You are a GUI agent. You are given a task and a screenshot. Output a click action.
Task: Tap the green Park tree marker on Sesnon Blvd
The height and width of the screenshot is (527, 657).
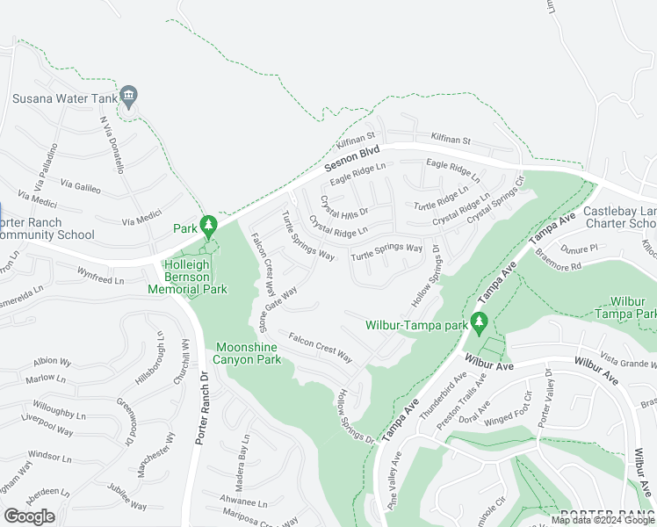208,227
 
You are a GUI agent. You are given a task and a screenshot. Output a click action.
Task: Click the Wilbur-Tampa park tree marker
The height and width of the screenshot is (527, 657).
479,323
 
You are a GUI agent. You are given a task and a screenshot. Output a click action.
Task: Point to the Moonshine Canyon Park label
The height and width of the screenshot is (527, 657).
249,353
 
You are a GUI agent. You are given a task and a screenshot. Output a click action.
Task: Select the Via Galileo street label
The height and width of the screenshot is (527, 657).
79,186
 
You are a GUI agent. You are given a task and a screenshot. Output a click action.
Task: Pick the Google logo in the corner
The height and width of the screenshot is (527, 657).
29,516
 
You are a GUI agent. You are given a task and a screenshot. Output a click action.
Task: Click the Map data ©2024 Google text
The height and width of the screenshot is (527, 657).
603,521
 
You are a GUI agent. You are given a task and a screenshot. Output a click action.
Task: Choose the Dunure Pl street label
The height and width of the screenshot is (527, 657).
580,249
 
